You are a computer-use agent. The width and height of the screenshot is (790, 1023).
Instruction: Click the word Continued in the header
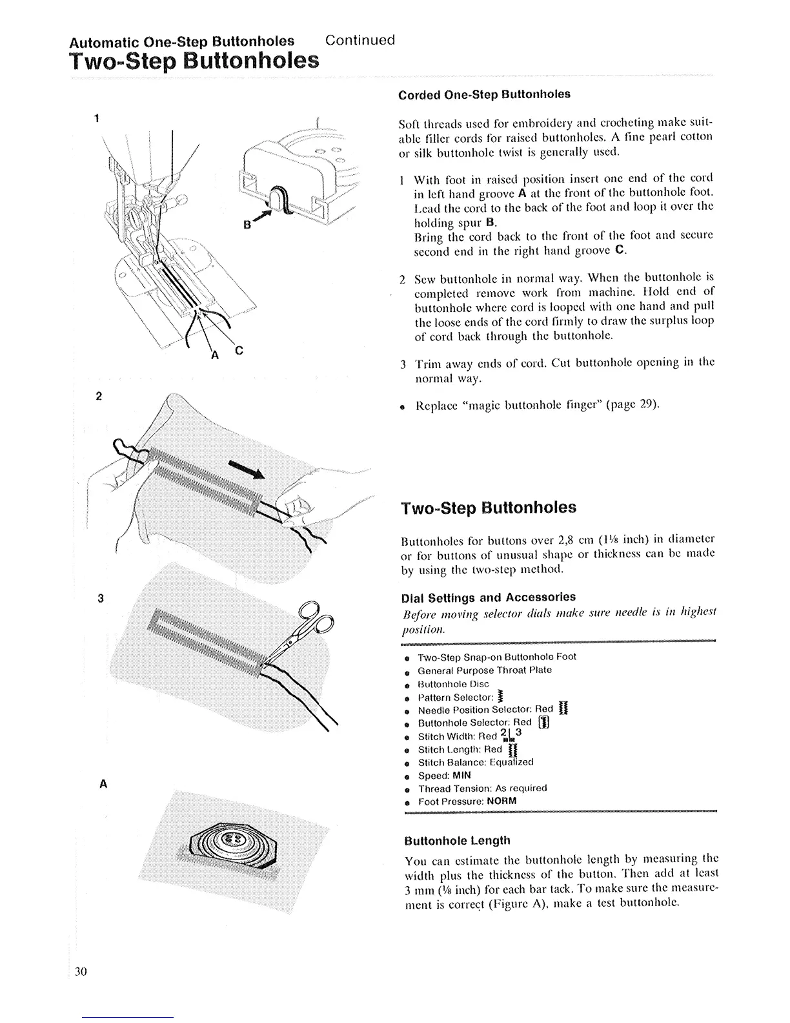click(x=360, y=40)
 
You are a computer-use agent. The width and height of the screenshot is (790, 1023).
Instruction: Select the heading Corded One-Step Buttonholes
click(x=484, y=94)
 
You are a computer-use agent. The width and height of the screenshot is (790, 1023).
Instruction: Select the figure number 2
click(x=99, y=396)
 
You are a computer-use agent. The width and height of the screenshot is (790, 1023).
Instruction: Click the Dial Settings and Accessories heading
click(x=489, y=597)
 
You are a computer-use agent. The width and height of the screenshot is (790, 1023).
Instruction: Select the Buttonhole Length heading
click(x=457, y=840)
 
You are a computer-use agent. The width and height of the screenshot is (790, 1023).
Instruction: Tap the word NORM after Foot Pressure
click(x=501, y=801)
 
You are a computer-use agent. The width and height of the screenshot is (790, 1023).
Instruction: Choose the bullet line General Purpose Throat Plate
click(x=484, y=670)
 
